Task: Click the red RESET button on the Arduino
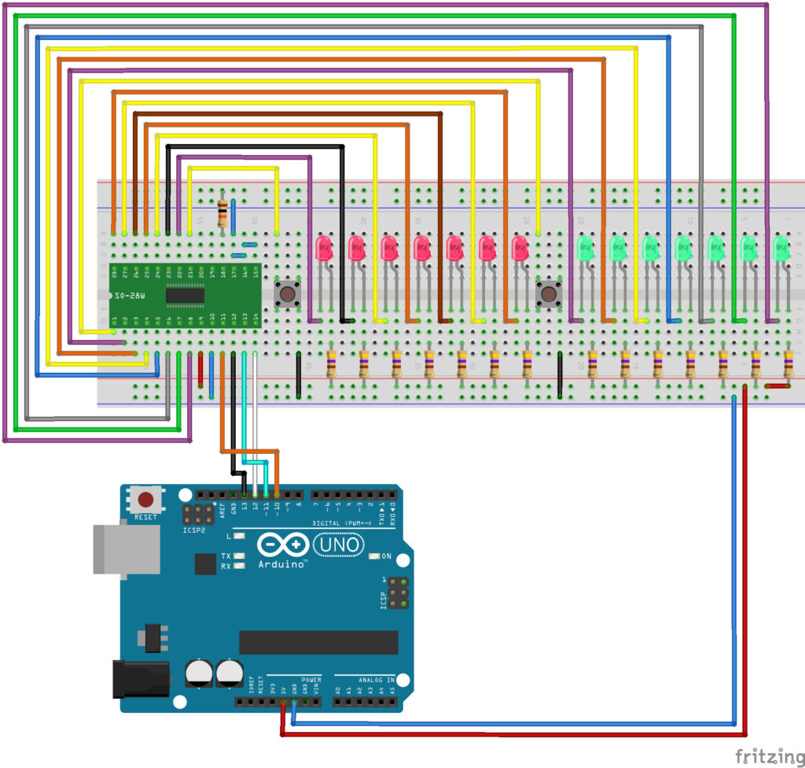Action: [145, 500]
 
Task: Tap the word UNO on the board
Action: [339, 544]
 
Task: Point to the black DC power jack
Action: [142, 678]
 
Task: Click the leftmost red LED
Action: [324, 248]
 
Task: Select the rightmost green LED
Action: [781, 249]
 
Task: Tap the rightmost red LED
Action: [520, 248]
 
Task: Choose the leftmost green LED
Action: [585, 249]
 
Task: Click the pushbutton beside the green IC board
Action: [288, 295]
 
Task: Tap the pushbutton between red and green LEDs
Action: [549, 295]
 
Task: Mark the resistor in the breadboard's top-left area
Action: [223, 212]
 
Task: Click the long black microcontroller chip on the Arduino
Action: [318, 642]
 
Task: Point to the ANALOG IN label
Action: [367, 678]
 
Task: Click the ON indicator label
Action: [386, 556]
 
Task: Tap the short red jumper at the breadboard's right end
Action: [777, 386]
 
